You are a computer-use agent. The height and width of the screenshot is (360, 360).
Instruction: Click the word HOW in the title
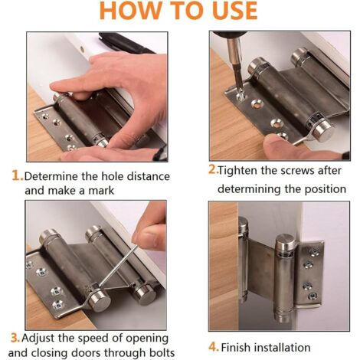click(x=129, y=11)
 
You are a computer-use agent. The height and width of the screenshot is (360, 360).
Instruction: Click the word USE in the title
click(x=231, y=11)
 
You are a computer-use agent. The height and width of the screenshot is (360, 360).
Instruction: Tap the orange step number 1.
click(x=18, y=176)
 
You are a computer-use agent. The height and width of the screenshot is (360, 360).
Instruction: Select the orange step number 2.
click(x=213, y=170)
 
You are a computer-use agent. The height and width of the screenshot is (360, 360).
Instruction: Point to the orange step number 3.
click(x=15, y=338)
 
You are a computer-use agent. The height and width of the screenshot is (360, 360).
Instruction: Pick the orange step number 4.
click(x=214, y=347)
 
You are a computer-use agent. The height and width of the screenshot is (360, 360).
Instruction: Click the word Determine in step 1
click(x=51, y=176)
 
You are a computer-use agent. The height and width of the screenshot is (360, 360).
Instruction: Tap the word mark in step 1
click(x=101, y=191)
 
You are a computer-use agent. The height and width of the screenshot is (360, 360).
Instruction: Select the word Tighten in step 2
click(x=237, y=171)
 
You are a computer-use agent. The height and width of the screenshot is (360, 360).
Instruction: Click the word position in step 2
click(x=325, y=189)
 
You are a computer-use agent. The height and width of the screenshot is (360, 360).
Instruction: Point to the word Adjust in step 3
click(x=38, y=339)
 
